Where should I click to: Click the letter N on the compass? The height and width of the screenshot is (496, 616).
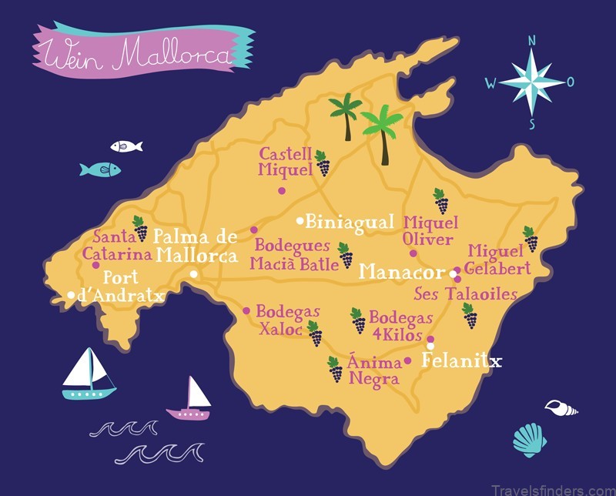pyautogui.click(x=531, y=40)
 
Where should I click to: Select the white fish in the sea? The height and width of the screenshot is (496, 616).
pyautogui.click(x=126, y=146)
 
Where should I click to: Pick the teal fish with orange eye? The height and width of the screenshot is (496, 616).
pyautogui.click(x=100, y=169)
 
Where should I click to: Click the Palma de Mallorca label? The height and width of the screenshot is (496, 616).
pyautogui.click(x=196, y=246)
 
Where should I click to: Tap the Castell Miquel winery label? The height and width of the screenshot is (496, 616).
pyautogui.click(x=285, y=161)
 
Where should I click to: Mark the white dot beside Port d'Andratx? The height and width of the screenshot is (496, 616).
pyautogui.click(x=71, y=294)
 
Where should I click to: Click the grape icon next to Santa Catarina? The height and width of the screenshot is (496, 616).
pyautogui.click(x=139, y=228)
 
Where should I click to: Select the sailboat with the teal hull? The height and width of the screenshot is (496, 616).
pyautogui.click(x=89, y=375)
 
